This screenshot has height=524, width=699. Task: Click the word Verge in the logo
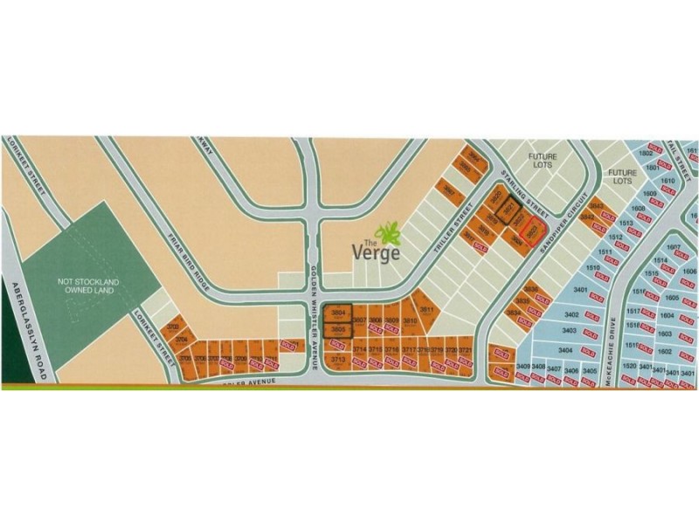tap(376, 252)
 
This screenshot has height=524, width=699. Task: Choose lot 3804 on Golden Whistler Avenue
tap(336, 312)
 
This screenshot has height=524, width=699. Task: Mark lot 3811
tap(427, 310)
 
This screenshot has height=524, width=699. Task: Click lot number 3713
tap(338, 359)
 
